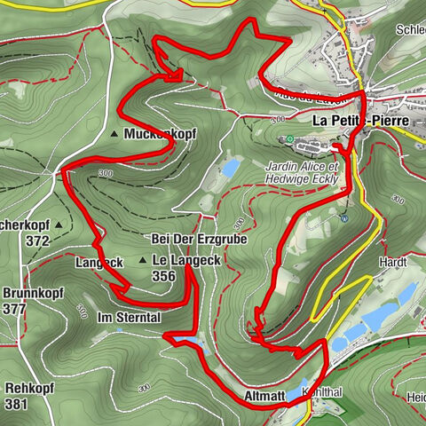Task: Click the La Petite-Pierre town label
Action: click(x=359, y=119)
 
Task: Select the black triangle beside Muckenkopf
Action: click(x=115, y=134)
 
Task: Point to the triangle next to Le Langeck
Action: click(x=143, y=260)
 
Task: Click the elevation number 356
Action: click(x=163, y=276)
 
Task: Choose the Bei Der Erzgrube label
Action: click(x=198, y=240)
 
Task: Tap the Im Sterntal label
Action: click(x=129, y=317)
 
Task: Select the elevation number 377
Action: click(x=14, y=309)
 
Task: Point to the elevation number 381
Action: click(x=16, y=405)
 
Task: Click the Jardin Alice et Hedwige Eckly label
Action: click(x=303, y=171)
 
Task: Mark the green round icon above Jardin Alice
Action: click(x=289, y=140)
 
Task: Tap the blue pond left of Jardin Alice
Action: click(x=230, y=166)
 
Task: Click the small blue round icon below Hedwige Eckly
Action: click(x=344, y=214)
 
